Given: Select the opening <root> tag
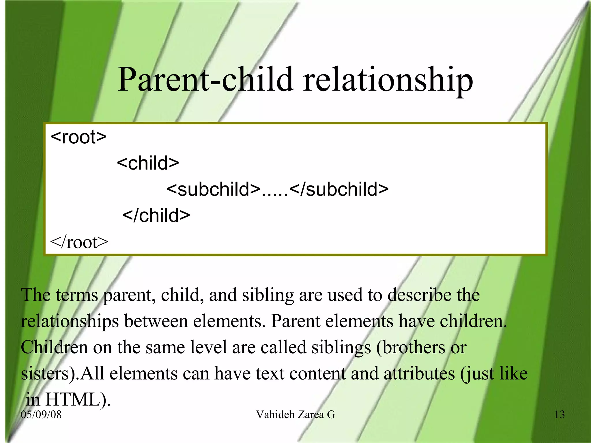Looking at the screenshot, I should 78,137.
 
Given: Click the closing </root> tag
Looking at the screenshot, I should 79,242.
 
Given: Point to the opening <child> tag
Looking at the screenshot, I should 148,163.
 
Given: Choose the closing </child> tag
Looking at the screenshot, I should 156,215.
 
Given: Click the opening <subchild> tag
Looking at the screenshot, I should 213,189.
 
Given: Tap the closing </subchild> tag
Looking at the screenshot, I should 339,189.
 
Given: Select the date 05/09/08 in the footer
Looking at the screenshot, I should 41,415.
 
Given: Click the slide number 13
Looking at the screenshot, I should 560,415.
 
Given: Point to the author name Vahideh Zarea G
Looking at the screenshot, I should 295,415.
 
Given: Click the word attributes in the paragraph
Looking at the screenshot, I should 419,374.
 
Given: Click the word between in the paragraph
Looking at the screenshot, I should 156,321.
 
